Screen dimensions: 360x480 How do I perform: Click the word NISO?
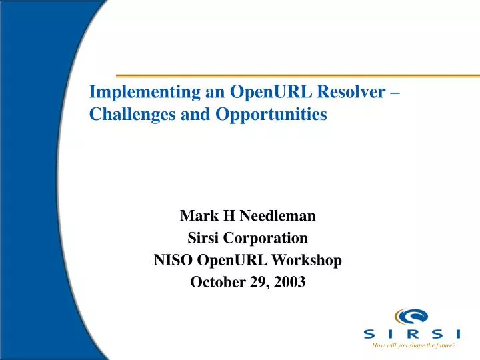pyautogui.click(x=171, y=260)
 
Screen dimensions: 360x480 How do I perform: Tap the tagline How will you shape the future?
pyautogui.click(x=413, y=346)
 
